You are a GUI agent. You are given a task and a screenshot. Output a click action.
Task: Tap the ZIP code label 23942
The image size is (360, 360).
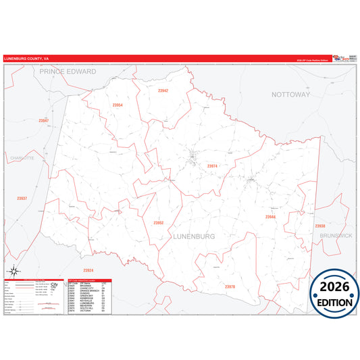(x=163, y=90)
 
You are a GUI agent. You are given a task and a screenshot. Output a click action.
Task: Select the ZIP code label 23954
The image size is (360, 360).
(x=118, y=105)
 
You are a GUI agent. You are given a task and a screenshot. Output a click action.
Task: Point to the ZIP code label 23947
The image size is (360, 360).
(x=44, y=120)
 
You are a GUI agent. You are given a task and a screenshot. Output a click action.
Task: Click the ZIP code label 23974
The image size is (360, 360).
(x=212, y=165)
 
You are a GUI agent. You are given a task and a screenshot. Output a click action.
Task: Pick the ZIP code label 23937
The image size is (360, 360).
(x=22, y=198)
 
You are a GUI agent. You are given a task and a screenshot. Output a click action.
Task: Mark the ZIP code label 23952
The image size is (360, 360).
(x=159, y=222)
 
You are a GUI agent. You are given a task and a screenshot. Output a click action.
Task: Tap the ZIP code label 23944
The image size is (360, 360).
(x=270, y=217)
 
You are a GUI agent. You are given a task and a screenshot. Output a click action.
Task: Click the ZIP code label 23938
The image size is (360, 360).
(x=320, y=226)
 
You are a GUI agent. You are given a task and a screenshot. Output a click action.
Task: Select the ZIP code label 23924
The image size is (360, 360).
(x=88, y=270)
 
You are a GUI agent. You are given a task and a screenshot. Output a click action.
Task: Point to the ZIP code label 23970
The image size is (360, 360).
(x=230, y=286)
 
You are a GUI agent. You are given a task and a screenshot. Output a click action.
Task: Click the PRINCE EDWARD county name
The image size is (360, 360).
(x=68, y=71)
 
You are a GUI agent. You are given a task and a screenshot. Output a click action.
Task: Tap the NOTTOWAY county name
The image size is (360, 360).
(x=290, y=95)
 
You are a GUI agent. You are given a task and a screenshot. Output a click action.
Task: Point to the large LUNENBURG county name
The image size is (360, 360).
(x=194, y=236)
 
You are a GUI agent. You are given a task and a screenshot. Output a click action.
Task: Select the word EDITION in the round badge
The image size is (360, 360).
(x=332, y=301)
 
